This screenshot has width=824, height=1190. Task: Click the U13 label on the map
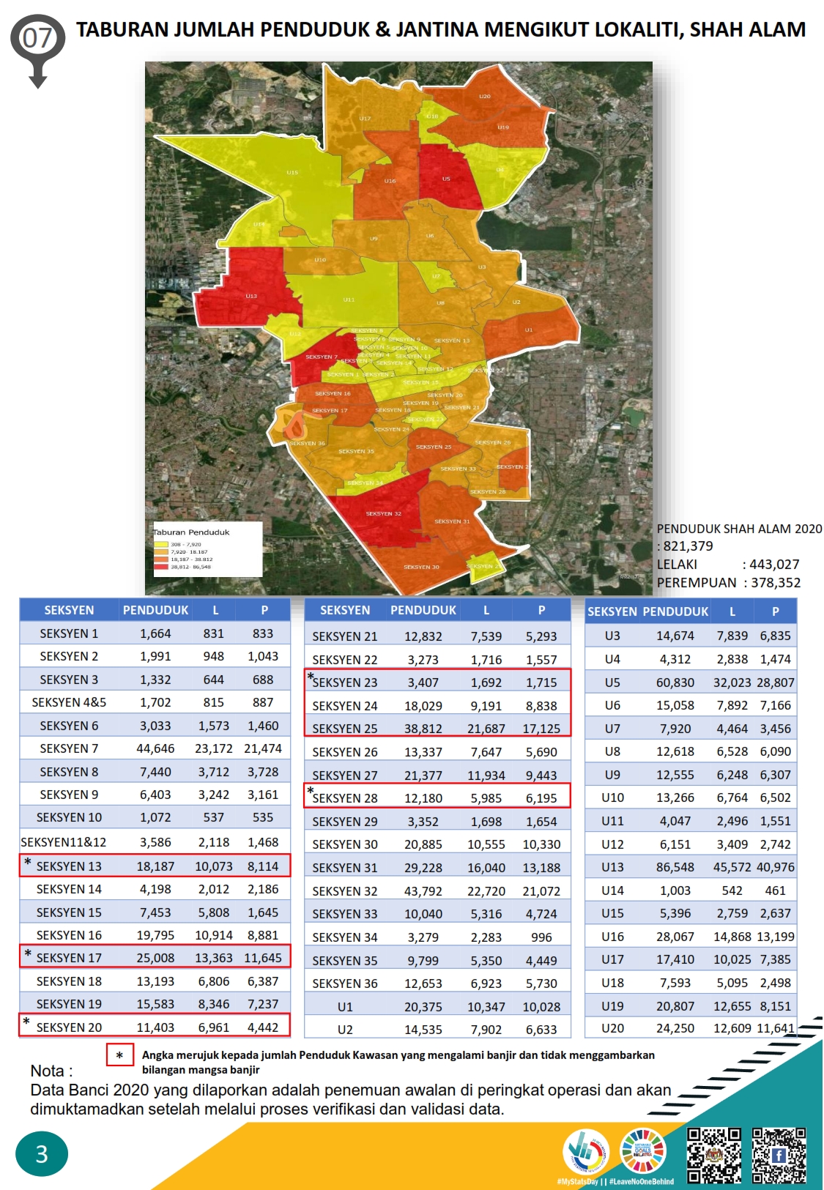pyautogui.click(x=251, y=296)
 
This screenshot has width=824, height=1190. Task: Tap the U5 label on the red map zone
pyautogui.click(x=446, y=179)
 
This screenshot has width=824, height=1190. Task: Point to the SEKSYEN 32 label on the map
pyautogui.click(x=383, y=513)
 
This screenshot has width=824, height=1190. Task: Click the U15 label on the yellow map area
pyautogui.click(x=292, y=173)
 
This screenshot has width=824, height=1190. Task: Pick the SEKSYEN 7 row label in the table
pyautogui.click(x=69, y=748)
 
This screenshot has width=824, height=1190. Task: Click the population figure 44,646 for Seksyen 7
pyautogui.click(x=155, y=748)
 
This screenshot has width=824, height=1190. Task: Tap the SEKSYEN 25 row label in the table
pyautogui.click(x=345, y=729)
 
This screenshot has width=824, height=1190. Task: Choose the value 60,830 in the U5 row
pyautogui.click(x=675, y=683)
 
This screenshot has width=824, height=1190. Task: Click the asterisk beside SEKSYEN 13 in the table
pyautogui.click(x=28, y=863)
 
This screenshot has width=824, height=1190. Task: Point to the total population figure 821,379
pyautogui.click(x=688, y=546)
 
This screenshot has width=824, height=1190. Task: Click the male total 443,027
pyautogui.click(x=774, y=564)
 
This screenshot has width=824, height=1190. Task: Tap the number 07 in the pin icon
pyautogui.click(x=37, y=37)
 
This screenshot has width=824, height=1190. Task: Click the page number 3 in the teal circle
pyautogui.click(x=42, y=1154)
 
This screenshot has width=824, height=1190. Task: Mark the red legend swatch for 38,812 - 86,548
pyautogui.click(x=160, y=567)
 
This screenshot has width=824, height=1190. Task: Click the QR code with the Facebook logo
pyautogui.click(x=779, y=1156)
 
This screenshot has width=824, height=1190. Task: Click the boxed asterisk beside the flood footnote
pyautogui.click(x=119, y=1055)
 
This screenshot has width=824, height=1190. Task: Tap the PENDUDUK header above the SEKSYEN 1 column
pyautogui.click(x=155, y=610)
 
